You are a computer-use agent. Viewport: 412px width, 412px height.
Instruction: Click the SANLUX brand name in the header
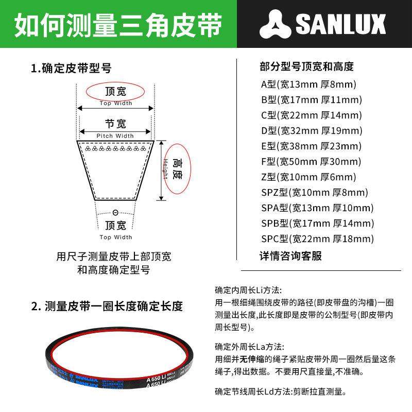(x=340, y=24)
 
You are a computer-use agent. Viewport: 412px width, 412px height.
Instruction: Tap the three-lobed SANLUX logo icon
(x=277, y=24)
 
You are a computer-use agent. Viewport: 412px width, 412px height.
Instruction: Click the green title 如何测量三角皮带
(x=118, y=24)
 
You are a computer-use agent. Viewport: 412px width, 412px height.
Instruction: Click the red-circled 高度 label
(x=176, y=168)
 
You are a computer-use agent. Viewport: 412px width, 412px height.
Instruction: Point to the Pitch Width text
(x=115, y=136)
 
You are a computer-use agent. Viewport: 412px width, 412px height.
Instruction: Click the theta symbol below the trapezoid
(x=115, y=213)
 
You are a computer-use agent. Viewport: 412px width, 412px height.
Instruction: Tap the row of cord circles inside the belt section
(x=115, y=148)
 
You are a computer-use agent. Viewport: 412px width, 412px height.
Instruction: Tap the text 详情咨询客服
(x=290, y=256)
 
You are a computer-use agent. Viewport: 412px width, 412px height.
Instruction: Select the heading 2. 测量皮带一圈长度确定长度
(x=107, y=306)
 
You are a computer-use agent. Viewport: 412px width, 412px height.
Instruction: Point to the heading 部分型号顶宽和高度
(x=306, y=67)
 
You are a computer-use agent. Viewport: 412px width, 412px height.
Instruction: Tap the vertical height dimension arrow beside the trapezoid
(x=161, y=170)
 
